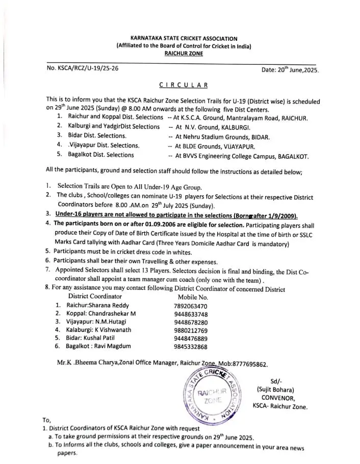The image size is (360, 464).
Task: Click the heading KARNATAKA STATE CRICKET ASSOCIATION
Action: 184,38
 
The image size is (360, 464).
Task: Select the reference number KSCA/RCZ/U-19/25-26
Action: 83,68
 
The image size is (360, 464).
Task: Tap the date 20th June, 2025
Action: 290,69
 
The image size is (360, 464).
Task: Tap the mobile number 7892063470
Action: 191,306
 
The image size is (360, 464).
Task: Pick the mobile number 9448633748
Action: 191,314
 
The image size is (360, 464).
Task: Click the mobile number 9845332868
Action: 191,347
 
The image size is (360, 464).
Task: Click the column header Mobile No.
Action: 193,297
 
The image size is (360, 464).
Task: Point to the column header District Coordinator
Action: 95,296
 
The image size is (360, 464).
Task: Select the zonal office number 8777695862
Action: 250,364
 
